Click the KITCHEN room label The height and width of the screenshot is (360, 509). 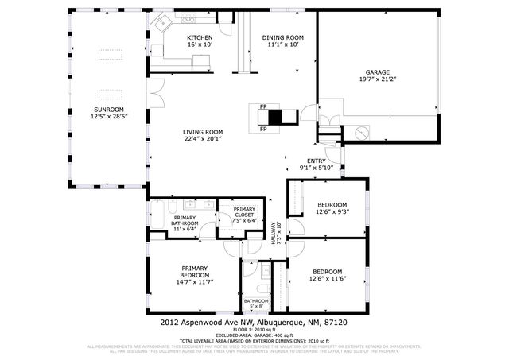pos(200,37)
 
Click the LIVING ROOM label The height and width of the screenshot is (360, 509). pos(203,132)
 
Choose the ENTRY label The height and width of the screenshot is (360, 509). pos(317,160)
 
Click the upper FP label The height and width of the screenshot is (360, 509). pos(262,106)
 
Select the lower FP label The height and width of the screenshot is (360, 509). pos(262,128)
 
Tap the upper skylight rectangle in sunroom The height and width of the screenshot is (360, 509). pos(110,54)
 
